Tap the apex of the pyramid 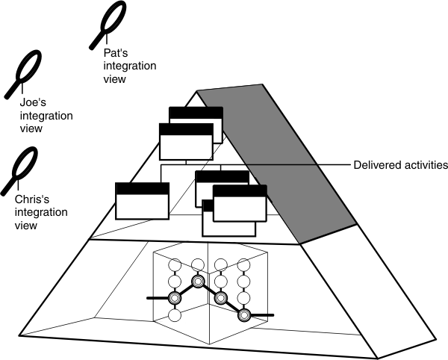click(197, 92)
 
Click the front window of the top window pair click(187, 142)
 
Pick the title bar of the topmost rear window click(196, 112)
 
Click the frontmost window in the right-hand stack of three click(239, 204)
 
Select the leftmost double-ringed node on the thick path click(175, 298)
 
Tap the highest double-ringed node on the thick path click(198, 281)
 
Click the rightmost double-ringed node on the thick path click(243, 315)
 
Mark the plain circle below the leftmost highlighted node click(175, 315)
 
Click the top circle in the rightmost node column click(243, 264)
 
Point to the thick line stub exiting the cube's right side click(265, 315)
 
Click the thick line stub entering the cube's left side click(154, 298)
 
